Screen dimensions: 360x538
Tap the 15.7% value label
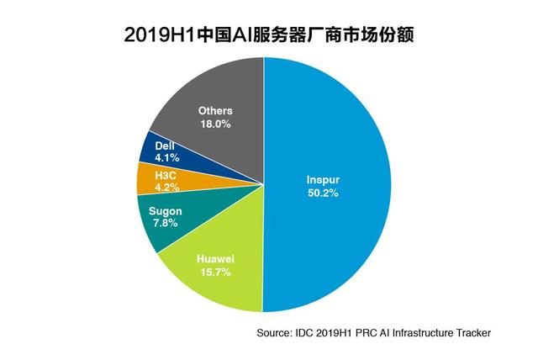tap(214, 273)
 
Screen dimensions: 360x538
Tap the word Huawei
tap(214, 258)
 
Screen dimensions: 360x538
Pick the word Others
tap(214, 110)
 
